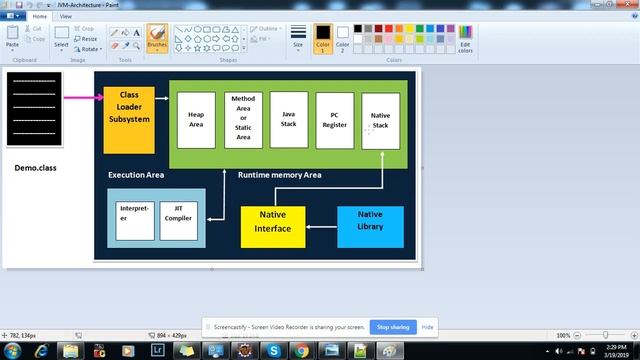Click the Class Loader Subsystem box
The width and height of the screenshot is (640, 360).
coord(129,106)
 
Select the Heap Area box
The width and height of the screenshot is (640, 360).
coord(196,120)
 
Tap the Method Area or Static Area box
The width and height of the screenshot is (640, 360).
coord(243,119)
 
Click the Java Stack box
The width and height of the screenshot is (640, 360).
coord(289,120)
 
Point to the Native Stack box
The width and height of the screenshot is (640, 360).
coord(380,121)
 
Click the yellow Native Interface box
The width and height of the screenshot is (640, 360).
coord(273,227)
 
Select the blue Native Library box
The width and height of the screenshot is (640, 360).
coord(370,227)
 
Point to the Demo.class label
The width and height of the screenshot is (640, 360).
coord(36,168)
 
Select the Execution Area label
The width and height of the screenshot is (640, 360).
coord(136,175)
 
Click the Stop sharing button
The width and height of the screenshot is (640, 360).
coord(392,327)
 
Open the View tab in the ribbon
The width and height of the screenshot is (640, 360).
coord(66,17)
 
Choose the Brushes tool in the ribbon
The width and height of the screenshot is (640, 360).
coord(157,38)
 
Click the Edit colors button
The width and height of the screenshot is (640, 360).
coord(465,40)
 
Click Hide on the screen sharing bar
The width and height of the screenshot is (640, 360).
coord(427,327)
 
